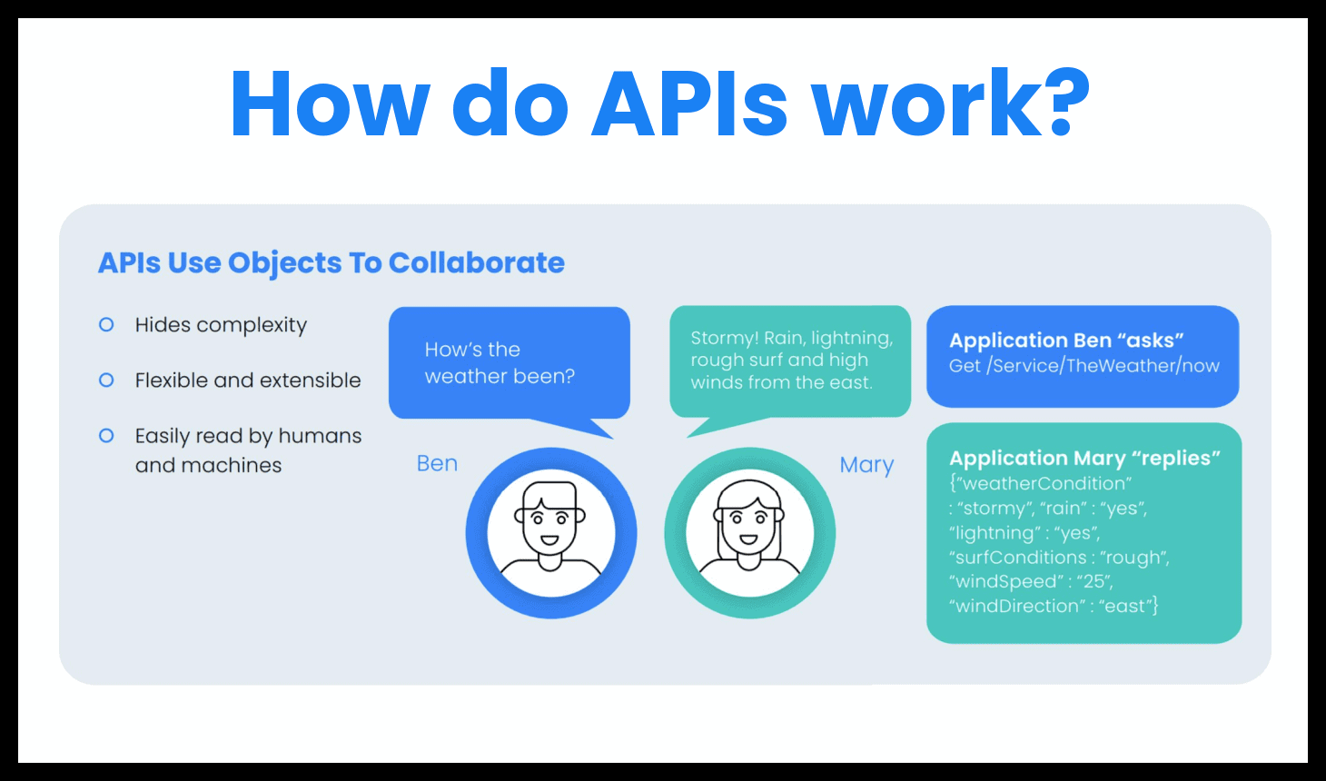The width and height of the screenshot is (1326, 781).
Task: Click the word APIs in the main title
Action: [x=689, y=103]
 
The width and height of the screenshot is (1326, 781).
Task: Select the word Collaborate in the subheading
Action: [x=477, y=262]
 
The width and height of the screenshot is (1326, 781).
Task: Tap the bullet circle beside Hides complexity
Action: [x=106, y=324]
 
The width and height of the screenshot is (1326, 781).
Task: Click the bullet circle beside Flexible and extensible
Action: [x=106, y=381]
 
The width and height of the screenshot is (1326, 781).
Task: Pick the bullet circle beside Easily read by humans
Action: [x=106, y=436]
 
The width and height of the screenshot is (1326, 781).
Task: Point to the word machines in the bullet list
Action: [x=232, y=465]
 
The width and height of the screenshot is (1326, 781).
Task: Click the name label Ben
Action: [x=437, y=463]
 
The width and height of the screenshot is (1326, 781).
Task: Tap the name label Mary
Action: [x=866, y=465]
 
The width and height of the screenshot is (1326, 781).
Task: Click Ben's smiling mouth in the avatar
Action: [x=550, y=540]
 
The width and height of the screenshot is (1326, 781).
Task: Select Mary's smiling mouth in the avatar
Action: [x=749, y=539]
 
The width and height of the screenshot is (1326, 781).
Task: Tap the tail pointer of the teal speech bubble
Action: [x=722, y=427]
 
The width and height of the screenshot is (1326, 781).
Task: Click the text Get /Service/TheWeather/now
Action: [x=1084, y=366]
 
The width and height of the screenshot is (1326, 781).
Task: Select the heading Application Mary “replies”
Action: [x=1084, y=459]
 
